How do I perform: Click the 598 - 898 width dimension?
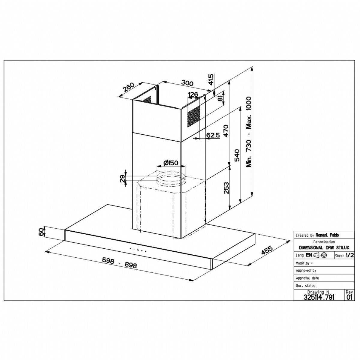120,262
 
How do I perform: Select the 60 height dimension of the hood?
42,232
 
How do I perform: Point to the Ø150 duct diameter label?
171,163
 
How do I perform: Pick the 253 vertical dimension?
226,188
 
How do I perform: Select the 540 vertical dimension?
237,155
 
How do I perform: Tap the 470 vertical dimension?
226,131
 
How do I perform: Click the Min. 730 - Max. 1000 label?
249,132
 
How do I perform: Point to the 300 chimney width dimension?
187,83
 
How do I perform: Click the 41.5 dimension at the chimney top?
211,79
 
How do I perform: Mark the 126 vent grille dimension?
193,94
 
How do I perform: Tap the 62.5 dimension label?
213,135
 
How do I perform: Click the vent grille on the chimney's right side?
193,117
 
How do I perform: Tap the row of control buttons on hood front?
138,250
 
